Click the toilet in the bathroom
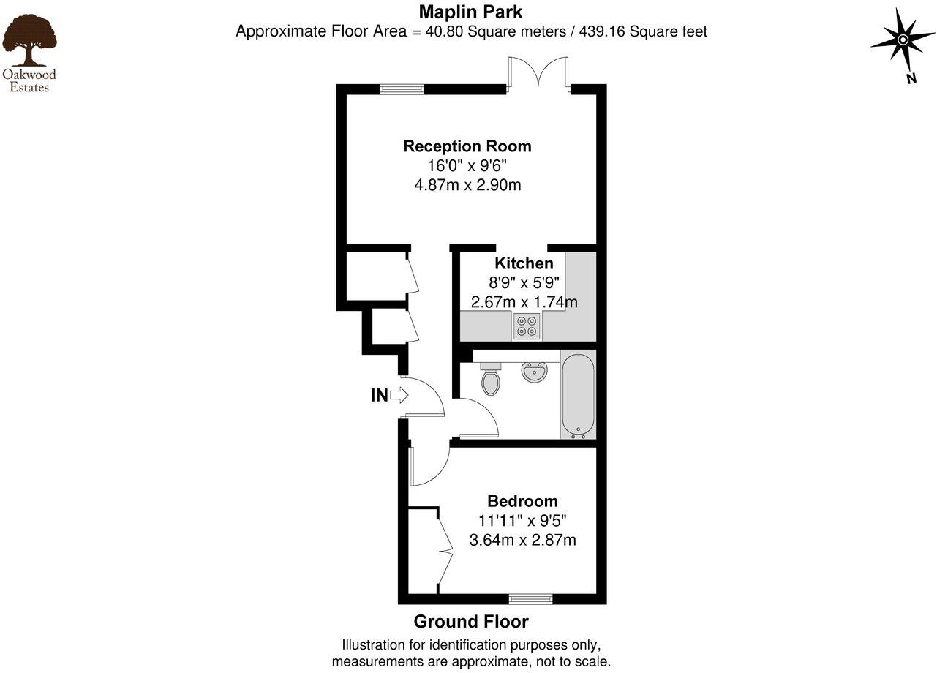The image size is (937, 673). (491, 380)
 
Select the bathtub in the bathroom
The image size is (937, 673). (578, 395)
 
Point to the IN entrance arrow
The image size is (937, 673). (399, 396)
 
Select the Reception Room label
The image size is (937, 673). (467, 146)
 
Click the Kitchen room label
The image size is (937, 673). (524, 263)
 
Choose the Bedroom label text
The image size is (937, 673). (522, 501)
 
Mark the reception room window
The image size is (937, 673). (402, 89)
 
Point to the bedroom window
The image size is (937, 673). (531, 599)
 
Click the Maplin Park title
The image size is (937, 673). (470, 12)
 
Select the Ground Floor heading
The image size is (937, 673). (470, 622)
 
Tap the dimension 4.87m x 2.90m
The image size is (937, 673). (467, 185)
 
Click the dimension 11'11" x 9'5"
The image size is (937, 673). (522, 521)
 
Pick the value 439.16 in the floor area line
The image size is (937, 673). (603, 32)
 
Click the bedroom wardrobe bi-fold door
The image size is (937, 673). (445, 550)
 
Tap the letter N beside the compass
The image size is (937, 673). (911, 79)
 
